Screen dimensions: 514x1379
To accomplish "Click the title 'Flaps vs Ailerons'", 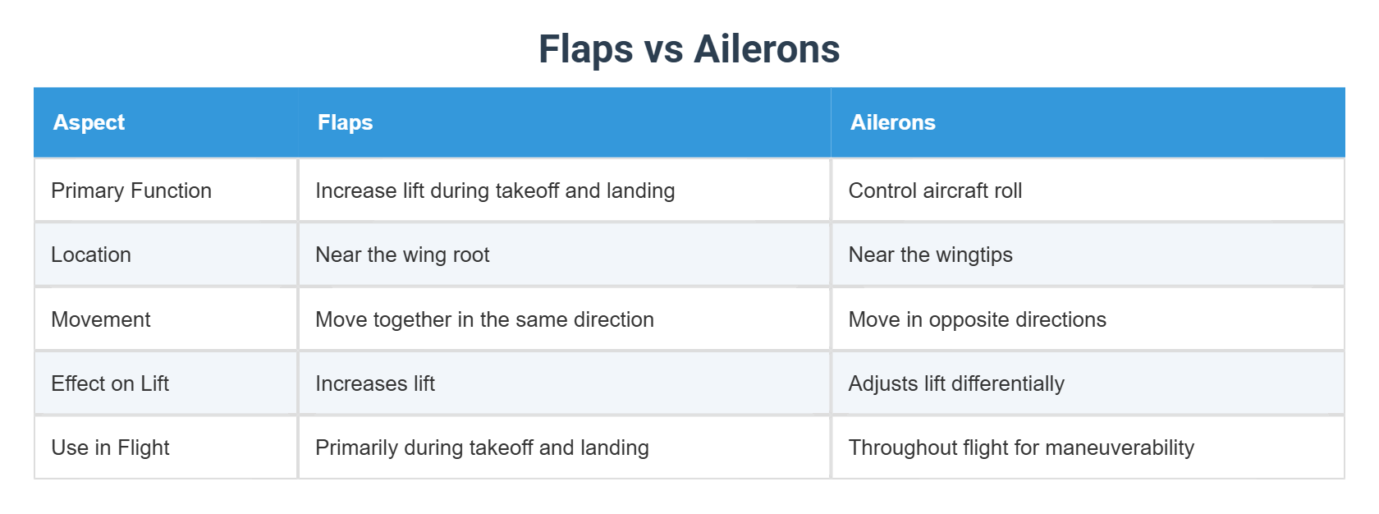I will coord(689,49).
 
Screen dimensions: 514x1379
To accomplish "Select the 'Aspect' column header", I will coord(89,122).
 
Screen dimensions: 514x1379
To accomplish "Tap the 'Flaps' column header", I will coord(345,122).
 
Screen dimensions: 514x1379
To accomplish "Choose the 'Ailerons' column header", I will coord(892,122).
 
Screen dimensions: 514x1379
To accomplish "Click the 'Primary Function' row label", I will coord(131,190).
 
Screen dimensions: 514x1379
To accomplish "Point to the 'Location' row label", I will coord(91,255).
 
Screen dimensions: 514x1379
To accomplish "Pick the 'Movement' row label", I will coord(101,319).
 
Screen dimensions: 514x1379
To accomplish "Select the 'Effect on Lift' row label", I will coord(110,383).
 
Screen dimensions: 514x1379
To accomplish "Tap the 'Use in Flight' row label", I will coord(110,447).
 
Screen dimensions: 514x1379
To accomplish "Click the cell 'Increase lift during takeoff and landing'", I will coord(495,190).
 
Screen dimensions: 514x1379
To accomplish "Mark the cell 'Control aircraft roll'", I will coord(935,190).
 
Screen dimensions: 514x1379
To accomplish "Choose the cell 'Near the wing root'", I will coord(402,255).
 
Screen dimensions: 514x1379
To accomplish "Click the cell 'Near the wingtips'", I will coord(930,255).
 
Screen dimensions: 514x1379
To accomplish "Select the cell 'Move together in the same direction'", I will coord(484,319).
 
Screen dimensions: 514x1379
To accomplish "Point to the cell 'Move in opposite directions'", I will coord(977,319).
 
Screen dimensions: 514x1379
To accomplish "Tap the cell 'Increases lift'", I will coord(375,383).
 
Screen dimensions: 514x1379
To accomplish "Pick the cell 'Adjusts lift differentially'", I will coord(956,383).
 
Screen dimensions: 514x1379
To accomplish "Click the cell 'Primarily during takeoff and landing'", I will coord(482,447).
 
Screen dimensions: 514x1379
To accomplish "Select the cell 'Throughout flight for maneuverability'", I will coord(1021,447).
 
